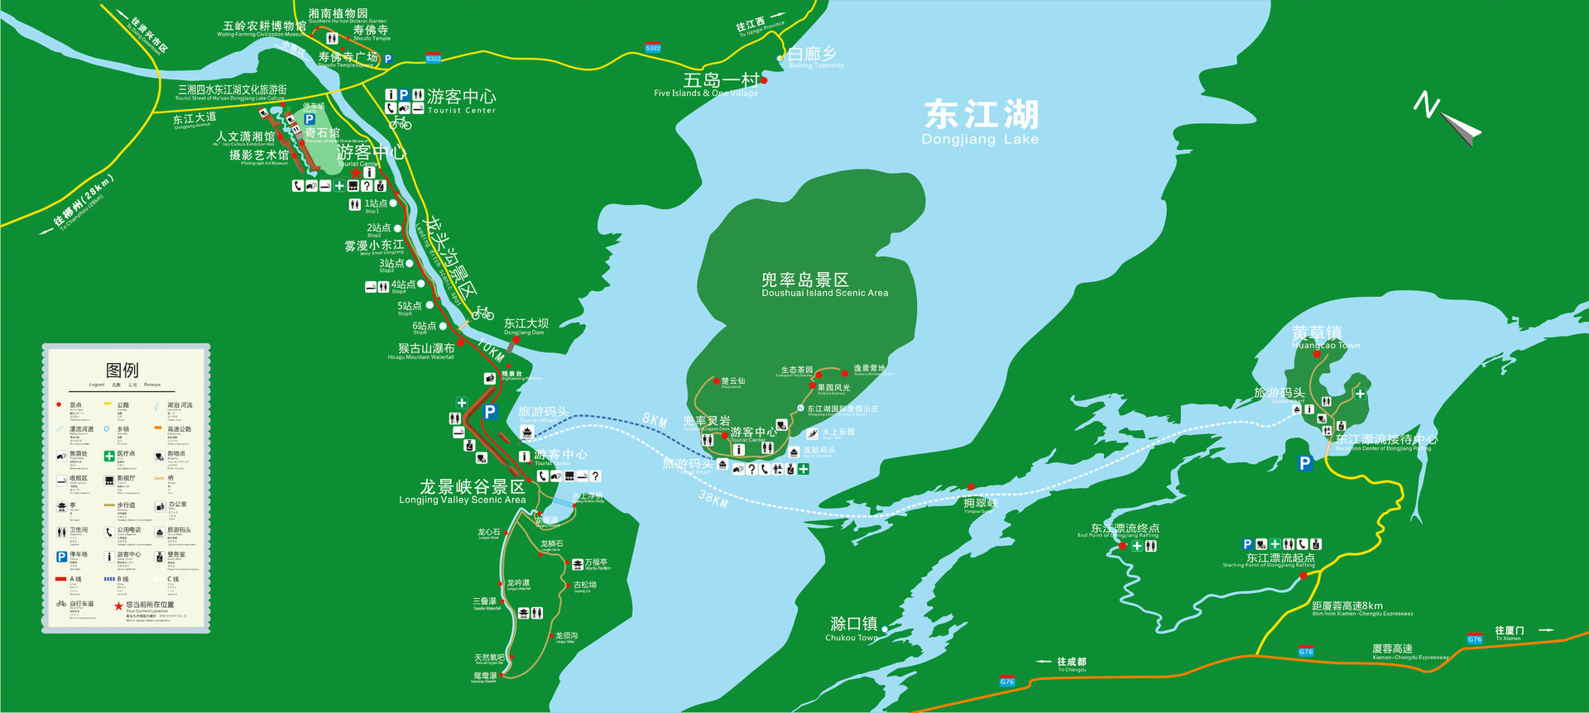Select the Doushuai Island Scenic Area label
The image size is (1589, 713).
pos(824,285)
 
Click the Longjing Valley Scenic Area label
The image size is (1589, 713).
pos(463,491)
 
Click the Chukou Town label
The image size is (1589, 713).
pos(853,628)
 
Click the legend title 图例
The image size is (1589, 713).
pos(122,370)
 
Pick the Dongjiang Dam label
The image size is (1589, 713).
pos(526,326)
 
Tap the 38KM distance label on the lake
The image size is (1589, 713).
pos(713,499)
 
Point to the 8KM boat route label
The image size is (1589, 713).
pos(655,420)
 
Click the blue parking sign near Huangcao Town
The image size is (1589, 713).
pos(1305,463)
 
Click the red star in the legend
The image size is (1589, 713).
pos(118,605)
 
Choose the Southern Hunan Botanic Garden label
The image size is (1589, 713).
pos(338,16)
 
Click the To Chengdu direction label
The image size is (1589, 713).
pos(1071,663)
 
